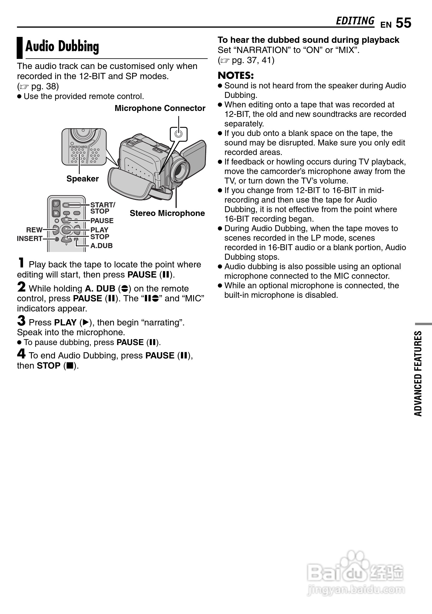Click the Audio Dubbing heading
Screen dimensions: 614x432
(x=62, y=47)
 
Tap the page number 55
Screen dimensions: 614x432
(x=403, y=23)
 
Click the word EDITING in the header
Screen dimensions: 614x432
(x=355, y=21)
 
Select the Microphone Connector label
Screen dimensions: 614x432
(x=160, y=108)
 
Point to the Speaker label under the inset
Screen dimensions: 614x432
(x=82, y=179)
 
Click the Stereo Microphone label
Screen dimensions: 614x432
(x=167, y=213)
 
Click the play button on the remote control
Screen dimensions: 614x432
(x=66, y=230)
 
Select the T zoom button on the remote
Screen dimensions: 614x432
(x=56, y=204)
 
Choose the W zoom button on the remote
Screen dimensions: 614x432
(x=56, y=213)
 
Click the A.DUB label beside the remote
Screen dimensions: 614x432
(x=101, y=246)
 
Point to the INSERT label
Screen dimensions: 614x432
(x=29, y=239)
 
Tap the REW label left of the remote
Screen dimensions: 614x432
(x=34, y=230)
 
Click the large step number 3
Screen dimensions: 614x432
(x=21, y=321)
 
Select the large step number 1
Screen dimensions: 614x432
(x=21, y=263)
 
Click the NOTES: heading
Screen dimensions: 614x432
(x=236, y=75)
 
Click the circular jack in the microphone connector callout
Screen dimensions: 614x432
(x=179, y=134)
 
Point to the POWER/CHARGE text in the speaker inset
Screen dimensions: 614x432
(x=79, y=147)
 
